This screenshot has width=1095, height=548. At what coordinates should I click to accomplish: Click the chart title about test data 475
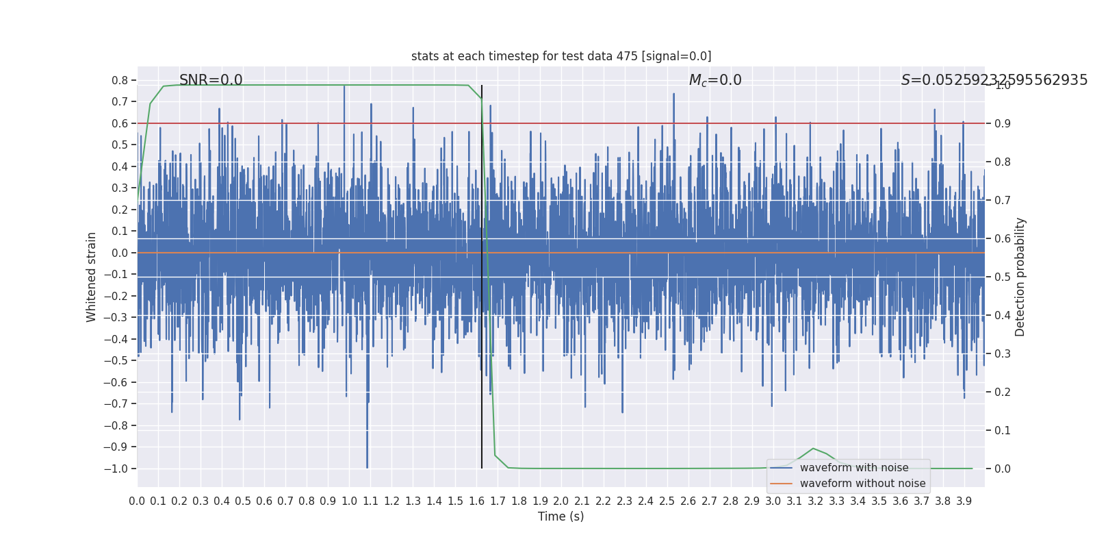[561, 56]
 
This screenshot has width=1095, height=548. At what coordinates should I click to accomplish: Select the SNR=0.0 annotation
[211, 80]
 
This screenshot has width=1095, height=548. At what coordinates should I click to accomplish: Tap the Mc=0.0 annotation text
[715, 80]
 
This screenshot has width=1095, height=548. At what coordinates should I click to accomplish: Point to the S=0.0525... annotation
[994, 80]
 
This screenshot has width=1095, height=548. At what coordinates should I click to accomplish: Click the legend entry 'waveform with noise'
[853, 468]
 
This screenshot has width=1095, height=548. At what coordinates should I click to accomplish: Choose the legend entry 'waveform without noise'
[862, 484]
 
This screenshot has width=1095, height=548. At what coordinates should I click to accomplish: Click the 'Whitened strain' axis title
[92, 277]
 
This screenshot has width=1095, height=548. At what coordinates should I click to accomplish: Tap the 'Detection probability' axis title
[1020, 277]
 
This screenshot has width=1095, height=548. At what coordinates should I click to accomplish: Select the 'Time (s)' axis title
[561, 516]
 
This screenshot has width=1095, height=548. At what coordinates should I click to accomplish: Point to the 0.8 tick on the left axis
[120, 80]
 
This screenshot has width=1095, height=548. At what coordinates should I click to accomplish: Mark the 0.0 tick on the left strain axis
[120, 253]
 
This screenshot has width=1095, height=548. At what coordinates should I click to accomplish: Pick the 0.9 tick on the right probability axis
[1003, 123]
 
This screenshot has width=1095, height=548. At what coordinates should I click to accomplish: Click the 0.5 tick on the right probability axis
[1003, 277]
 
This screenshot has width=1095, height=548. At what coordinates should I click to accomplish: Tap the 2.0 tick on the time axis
[561, 501]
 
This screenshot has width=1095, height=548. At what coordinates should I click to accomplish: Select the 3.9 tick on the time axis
[964, 501]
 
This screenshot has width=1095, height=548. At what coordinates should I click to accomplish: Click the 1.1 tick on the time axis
[370, 501]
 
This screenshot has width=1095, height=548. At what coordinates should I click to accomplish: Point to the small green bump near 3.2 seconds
[813, 449]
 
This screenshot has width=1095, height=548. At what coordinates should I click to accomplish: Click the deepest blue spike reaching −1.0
[368, 466]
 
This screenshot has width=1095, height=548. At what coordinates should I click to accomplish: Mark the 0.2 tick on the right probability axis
[1003, 392]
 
